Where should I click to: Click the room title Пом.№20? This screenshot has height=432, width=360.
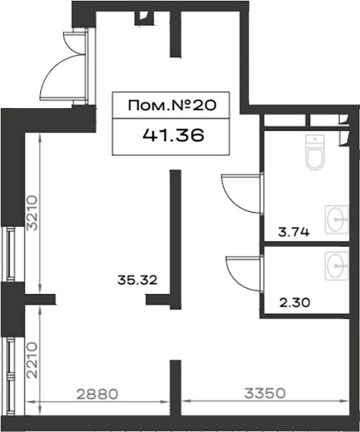click(172, 106)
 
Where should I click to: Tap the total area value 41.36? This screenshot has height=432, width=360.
click(174, 135)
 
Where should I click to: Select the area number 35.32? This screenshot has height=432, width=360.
click(137, 280)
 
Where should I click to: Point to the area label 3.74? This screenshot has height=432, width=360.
click(293, 232)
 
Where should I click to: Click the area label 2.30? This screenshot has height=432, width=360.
click(295, 303)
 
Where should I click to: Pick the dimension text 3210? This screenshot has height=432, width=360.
click(31, 213)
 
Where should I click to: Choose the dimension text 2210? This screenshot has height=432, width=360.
click(31, 360)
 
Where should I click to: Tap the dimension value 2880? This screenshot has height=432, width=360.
click(97, 394)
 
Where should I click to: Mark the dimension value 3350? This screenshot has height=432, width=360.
click(265, 393)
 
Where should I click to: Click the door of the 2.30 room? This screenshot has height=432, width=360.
click(245, 273)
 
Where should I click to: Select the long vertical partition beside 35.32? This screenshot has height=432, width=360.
click(175, 239)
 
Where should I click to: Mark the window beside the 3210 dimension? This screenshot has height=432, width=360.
click(11, 254)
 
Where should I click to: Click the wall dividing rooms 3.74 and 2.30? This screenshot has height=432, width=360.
click(307, 244)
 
